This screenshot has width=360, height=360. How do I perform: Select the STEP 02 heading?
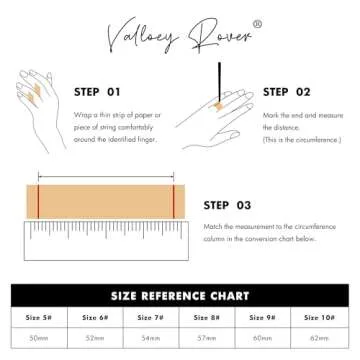tap(288, 91)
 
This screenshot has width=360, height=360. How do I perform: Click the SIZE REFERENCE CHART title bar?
tap(180, 294)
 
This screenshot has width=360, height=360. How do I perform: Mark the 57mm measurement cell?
tap(206, 340)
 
